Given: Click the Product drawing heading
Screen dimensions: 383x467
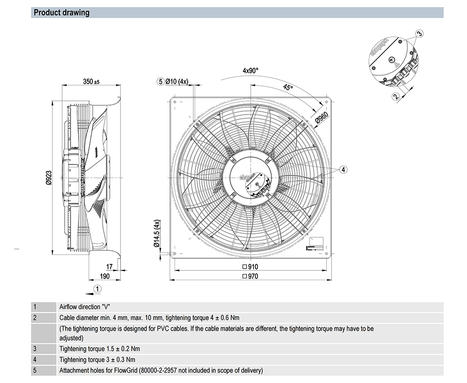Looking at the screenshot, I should coord(62,13).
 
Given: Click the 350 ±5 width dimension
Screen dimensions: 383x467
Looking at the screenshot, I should coord(92,82).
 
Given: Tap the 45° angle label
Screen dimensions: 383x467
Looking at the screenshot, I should coord(288,88).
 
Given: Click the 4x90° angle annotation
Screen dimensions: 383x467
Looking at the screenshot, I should coord(250,71).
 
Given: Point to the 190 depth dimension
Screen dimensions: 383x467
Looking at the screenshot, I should coord(105,277).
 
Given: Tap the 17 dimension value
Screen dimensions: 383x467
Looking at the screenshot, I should coord(109,267).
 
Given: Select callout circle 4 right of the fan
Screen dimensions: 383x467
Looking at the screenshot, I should coord(343,170).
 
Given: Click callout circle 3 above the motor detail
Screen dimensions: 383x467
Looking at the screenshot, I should coord(419,34).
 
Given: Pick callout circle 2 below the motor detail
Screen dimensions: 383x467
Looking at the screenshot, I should coord(396,97).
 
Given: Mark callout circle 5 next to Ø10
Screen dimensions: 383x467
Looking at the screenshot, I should coord(161,81).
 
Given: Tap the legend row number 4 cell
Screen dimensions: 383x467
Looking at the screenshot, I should coord(34,360).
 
